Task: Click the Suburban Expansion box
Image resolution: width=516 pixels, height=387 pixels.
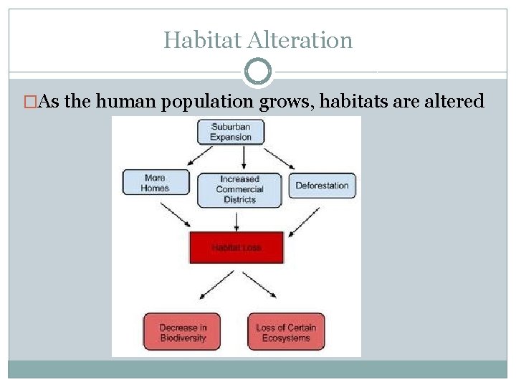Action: point(231,132)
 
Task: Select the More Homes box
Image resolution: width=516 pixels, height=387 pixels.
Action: point(156,183)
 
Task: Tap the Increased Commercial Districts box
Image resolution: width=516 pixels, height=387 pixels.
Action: point(239,190)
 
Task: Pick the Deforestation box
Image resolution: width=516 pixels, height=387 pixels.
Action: point(322,185)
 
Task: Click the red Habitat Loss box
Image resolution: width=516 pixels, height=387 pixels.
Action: point(236,247)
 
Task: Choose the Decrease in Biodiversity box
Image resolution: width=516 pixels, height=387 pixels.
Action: point(182,333)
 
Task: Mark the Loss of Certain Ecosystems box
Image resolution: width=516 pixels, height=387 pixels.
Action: point(285,333)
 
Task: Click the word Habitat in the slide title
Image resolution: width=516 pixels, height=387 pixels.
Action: point(201,39)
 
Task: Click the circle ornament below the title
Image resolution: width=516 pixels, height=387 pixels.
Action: point(258,72)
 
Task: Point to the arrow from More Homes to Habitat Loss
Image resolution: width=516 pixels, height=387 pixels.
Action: point(177,214)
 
